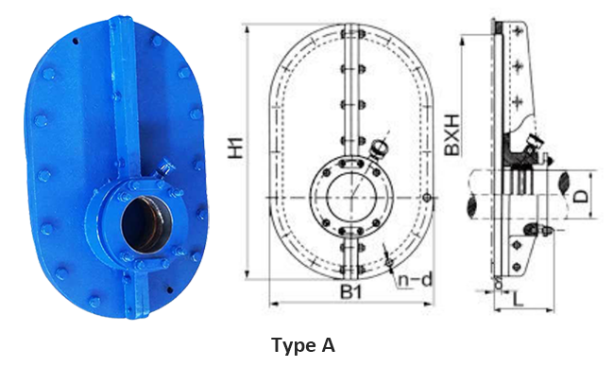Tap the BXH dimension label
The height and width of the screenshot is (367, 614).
click(x=452, y=134)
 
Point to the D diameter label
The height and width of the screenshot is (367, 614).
click(x=582, y=196)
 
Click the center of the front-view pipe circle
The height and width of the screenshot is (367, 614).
click(x=351, y=197)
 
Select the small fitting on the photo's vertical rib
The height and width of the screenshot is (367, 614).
click(x=166, y=166)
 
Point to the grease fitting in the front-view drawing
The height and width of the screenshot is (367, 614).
click(x=379, y=148)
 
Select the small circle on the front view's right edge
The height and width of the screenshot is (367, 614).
click(x=428, y=197)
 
